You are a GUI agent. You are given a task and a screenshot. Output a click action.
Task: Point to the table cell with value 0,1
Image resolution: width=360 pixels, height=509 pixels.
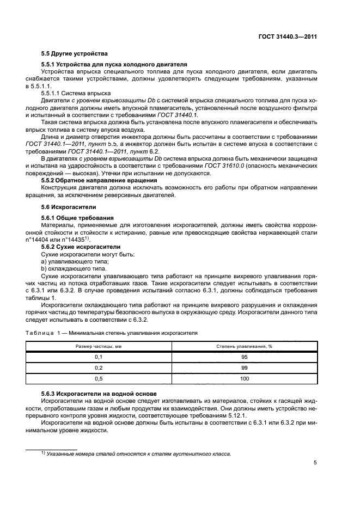coord(99,357)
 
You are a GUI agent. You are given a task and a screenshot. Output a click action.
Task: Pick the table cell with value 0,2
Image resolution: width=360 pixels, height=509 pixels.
coord(99,368)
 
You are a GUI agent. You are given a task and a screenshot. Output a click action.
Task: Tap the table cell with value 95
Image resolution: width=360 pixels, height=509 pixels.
coord(244,357)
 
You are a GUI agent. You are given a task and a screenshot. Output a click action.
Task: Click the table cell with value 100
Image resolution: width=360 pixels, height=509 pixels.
coord(244,379)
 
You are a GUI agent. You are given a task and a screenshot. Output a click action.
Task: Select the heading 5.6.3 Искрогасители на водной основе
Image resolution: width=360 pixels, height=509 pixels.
coord(99,393)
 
